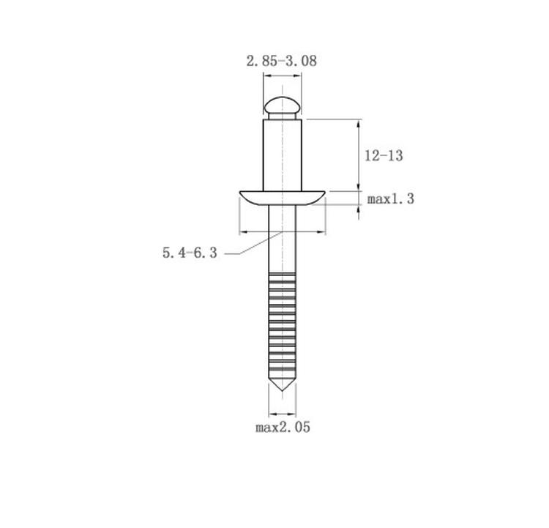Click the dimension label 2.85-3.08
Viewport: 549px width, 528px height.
(x=282, y=61)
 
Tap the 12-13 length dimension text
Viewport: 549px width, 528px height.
(x=384, y=155)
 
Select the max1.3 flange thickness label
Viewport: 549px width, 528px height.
(x=390, y=199)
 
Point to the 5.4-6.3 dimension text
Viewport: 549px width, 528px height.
(x=190, y=253)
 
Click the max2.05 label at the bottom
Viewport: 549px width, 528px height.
(x=283, y=427)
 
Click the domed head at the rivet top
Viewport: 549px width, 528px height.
(x=283, y=105)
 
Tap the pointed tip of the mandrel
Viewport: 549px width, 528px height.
(x=283, y=390)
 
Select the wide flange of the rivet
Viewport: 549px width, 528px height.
(x=283, y=198)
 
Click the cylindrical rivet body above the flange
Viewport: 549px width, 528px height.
(x=283, y=155)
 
